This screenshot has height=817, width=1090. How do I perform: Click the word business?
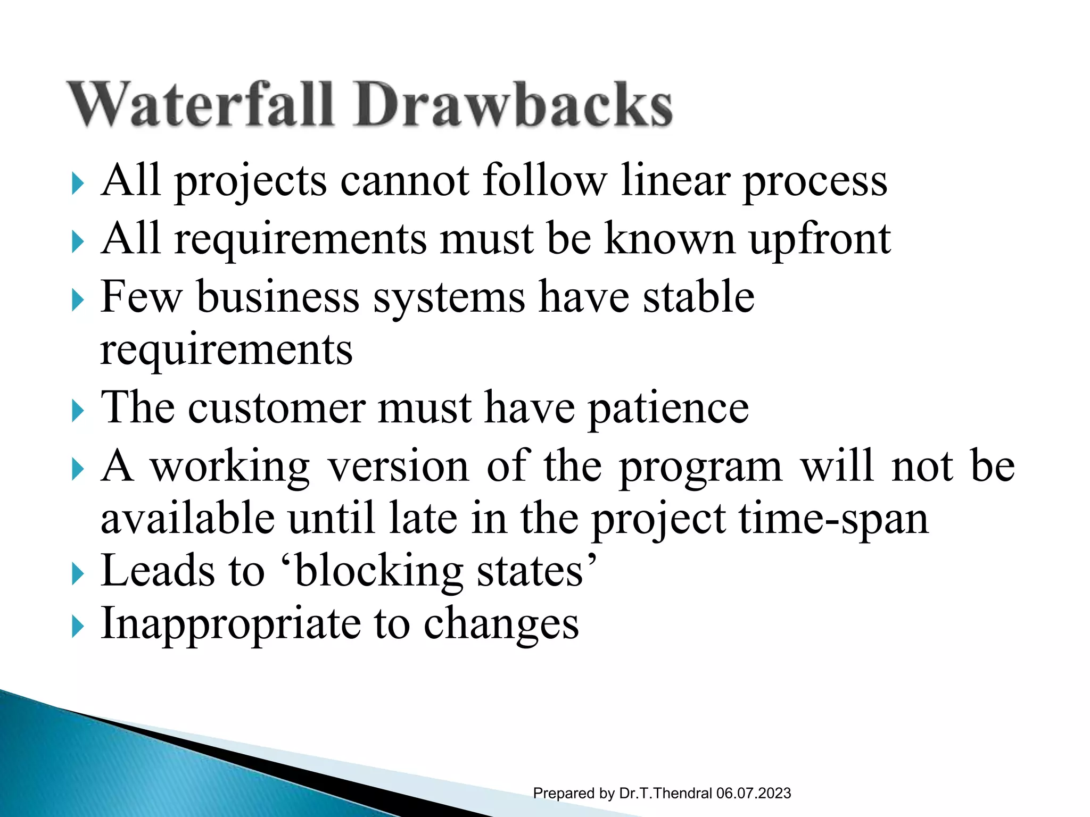(x=278, y=297)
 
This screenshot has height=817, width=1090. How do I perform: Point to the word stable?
(x=698, y=297)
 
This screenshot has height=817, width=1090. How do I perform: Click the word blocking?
(x=379, y=572)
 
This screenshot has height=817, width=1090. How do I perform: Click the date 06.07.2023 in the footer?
(x=753, y=793)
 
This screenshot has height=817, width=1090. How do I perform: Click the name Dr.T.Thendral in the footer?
(x=665, y=793)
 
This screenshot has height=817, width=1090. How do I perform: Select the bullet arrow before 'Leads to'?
(x=78, y=576)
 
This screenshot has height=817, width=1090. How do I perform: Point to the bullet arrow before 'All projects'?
(x=78, y=185)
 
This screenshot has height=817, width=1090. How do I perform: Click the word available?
(x=188, y=519)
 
